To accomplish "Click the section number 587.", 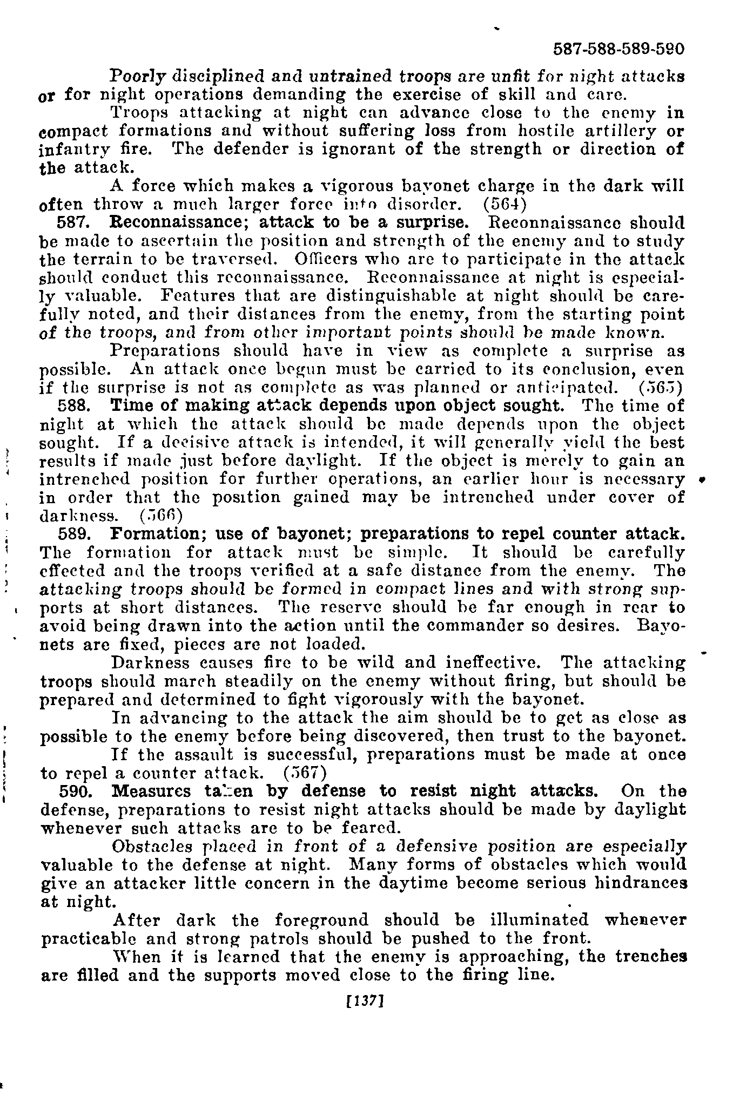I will point(71,222).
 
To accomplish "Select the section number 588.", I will point(71,405).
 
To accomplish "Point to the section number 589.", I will point(71,534).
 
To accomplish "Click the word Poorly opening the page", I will point(137,76).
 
